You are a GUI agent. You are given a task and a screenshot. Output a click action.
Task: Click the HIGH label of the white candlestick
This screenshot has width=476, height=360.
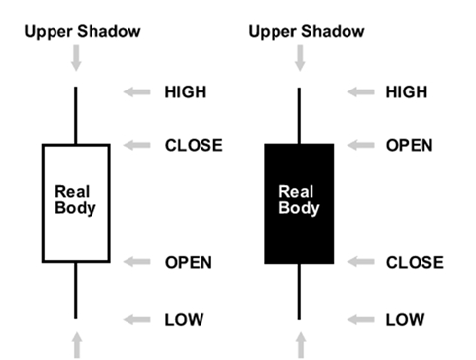point(186,91)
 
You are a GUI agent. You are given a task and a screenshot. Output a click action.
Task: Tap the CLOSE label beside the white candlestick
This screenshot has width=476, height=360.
point(194,145)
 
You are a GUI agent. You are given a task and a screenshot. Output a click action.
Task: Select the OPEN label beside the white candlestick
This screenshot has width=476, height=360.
point(189,262)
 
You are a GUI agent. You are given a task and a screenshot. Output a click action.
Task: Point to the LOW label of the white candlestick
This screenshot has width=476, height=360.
point(184,319)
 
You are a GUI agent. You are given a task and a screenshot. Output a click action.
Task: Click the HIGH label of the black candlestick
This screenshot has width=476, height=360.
point(407,91)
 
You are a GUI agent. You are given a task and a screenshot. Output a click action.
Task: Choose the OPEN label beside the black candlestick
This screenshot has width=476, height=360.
point(410,145)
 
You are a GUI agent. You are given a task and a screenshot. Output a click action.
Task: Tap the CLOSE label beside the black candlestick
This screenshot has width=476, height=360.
point(415,262)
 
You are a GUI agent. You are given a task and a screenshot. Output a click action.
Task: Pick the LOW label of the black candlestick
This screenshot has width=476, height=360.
point(405,319)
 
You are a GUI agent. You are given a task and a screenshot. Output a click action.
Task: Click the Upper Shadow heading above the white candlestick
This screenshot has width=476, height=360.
point(83,31)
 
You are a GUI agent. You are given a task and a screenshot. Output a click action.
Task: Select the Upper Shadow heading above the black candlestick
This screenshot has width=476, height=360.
point(307,31)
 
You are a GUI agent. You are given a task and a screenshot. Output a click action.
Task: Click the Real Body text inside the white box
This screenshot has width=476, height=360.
point(75,199)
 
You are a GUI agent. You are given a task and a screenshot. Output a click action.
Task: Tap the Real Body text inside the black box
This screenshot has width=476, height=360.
point(299,199)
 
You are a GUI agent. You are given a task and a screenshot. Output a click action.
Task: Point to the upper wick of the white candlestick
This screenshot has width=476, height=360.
point(76,115)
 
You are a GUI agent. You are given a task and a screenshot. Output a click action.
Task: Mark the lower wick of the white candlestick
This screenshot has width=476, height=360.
point(76,290)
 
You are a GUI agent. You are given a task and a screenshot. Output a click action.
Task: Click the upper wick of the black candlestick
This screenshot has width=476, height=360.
point(299,116)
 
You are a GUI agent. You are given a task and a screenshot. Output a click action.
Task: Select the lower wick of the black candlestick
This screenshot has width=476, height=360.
point(299,291)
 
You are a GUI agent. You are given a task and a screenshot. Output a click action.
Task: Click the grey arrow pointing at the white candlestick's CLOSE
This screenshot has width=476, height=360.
point(136,145)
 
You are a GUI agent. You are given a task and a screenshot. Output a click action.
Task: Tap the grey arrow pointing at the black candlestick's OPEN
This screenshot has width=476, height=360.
point(360,145)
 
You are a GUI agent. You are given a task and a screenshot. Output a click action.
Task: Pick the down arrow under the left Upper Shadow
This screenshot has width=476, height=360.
point(76,57)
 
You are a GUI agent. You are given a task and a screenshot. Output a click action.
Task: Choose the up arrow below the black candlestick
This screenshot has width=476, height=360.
point(301,345)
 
